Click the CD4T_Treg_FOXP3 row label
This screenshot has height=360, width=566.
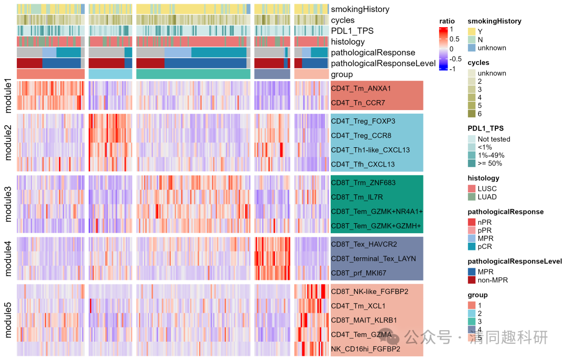363,122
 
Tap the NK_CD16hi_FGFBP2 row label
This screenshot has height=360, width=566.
366,349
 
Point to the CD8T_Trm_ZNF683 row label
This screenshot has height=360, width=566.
363,183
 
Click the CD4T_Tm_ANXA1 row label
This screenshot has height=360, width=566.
361,89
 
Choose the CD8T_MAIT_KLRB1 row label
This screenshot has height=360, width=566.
364,320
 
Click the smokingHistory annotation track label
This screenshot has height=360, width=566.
360,9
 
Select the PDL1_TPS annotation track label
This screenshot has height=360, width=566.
352,31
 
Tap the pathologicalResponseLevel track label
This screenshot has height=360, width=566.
383,63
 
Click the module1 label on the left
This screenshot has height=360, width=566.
7,95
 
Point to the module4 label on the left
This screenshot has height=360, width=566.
7,258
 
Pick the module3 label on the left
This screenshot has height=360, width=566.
7,204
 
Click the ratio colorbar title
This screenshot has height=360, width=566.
447,21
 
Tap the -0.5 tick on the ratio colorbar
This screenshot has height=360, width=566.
455,59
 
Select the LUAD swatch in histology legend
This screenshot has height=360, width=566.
472,197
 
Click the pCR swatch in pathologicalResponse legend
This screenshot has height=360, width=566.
472,247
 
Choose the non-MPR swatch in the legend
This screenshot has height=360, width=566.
472,280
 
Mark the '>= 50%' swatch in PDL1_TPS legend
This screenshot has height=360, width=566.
472,163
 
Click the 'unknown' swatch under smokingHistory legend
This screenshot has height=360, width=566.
472,48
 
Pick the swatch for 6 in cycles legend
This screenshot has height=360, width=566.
472,114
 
